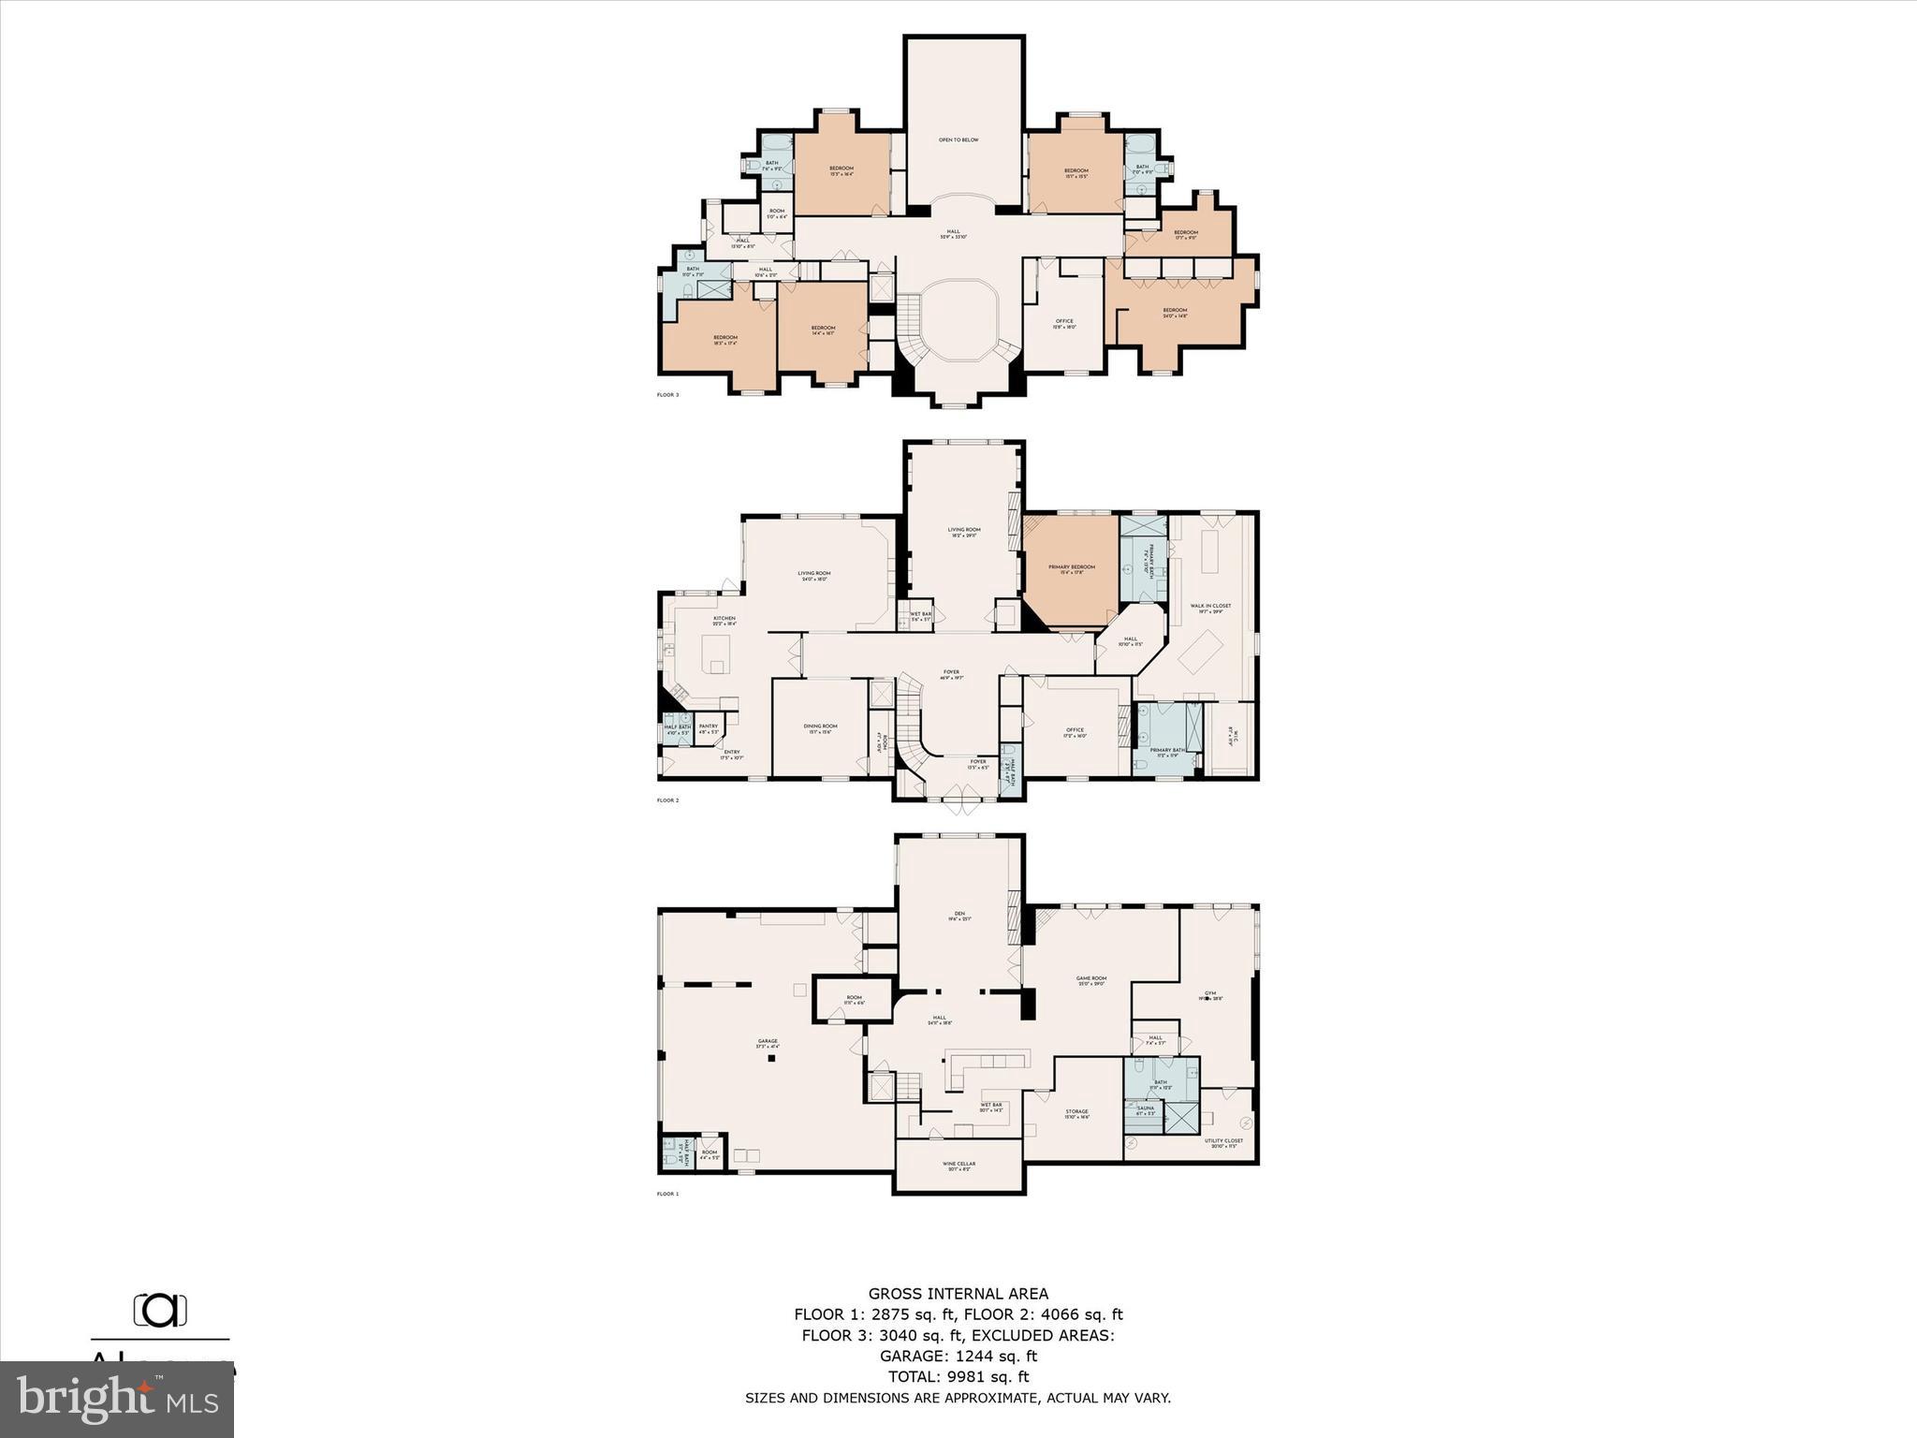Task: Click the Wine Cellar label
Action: (958, 1166)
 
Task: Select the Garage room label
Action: (768, 1042)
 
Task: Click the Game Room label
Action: (1091, 979)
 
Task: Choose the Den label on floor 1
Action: (958, 915)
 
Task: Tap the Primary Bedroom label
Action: (1071, 568)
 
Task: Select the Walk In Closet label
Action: (1210, 607)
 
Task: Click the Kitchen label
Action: (724, 619)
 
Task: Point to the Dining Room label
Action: (820, 726)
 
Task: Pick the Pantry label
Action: (708, 726)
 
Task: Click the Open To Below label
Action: (958, 140)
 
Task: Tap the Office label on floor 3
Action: (1064, 322)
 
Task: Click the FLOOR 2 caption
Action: (667, 800)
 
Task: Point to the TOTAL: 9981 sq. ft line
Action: (958, 1376)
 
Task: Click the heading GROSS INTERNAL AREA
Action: (958, 1295)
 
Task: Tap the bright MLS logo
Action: (117, 1400)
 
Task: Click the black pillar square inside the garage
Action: (771, 1059)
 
